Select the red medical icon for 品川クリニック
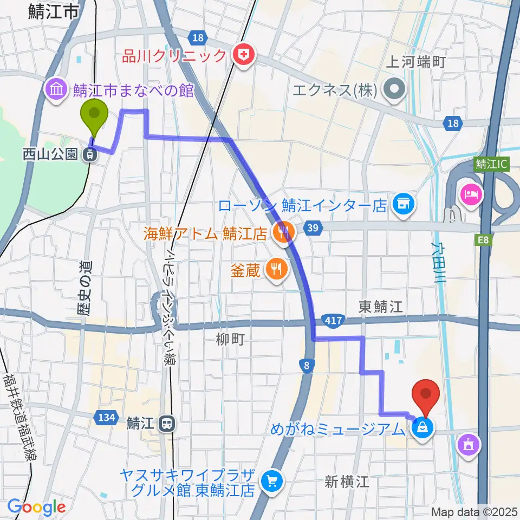click(244, 56)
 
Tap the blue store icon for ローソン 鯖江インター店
click(404, 204)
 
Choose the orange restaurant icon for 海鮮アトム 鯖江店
click(282, 233)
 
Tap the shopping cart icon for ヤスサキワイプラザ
click(272, 480)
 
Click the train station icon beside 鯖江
click(167, 422)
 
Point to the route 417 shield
click(333, 321)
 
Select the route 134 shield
click(106, 418)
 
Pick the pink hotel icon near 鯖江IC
click(469, 193)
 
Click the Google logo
click(36, 507)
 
